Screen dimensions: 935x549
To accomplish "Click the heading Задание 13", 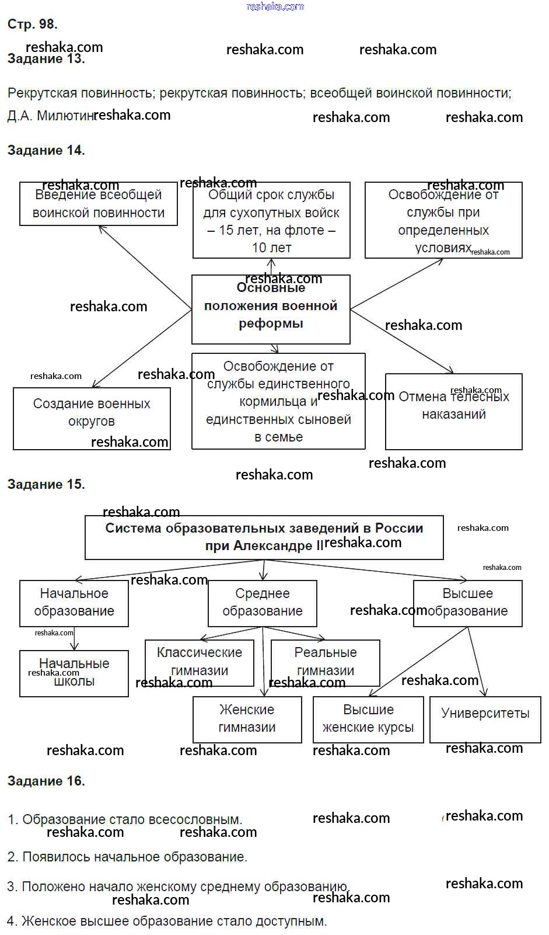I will click(x=46, y=59).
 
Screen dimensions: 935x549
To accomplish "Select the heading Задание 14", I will click(x=46, y=151).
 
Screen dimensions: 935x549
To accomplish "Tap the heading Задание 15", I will click(x=46, y=485).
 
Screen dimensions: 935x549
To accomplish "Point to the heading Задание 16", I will click(x=46, y=781).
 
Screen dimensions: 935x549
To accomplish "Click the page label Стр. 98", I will click(x=32, y=25).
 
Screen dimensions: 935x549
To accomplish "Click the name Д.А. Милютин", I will click(x=50, y=116).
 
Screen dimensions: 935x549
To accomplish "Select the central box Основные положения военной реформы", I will click(x=271, y=309).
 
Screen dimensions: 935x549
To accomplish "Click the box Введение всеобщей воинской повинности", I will click(x=98, y=204).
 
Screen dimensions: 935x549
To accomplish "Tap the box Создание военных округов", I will click(x=92, y=418).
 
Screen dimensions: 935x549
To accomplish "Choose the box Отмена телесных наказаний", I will click(x=453, y=411).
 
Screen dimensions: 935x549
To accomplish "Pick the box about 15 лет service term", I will click(x=271, y=220).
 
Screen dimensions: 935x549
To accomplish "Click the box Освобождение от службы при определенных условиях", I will click(x=443, y=220).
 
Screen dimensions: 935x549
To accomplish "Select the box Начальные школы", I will click(x=74, y=673).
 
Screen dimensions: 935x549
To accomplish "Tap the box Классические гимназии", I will click(x=200, y=663).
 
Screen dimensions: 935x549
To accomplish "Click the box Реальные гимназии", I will click(x=325, y=663).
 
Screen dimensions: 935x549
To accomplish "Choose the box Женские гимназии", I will click(x=247, y=720).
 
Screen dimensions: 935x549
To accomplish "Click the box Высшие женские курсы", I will click(x=368, y=720).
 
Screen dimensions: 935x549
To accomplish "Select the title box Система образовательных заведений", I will click(x=264, y=537).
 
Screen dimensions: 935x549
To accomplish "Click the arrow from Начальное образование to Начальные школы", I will click(x=74, y=638).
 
